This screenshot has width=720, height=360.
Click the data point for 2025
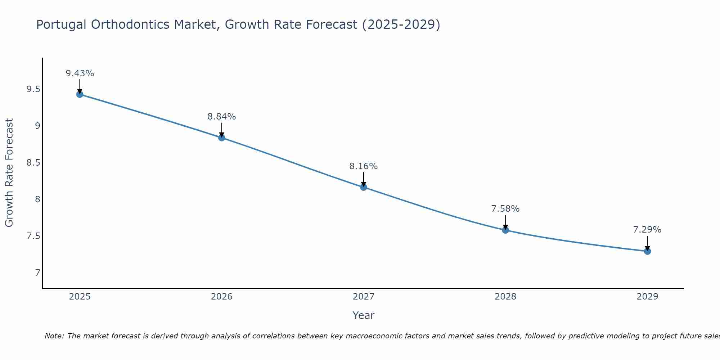[80, 94]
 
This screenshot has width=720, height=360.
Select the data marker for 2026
[221, 138]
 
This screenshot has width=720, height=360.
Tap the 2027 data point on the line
[363, 187]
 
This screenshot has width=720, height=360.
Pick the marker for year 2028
[505, 230]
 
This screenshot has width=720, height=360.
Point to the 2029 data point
[647, 251]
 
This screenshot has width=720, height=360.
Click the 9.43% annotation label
[80, 73]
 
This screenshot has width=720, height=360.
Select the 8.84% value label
[221, 117]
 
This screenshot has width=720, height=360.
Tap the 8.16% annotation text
[363, 166]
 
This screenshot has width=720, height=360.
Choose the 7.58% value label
[505, 209]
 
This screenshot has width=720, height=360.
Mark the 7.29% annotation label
[647, 230]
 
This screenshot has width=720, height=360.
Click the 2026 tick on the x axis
[221, 297]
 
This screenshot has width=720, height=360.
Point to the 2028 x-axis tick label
[505, 297]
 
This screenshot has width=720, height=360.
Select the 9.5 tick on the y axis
[33, 89]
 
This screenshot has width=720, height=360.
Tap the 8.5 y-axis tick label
[33, 163]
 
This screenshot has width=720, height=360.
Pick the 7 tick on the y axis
[37, 273]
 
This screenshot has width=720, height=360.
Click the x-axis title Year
[363, 315]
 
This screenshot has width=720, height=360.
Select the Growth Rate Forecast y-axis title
[9, 173]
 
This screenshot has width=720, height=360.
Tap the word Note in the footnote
[54, 336]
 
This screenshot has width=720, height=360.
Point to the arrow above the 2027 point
[363, 179]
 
